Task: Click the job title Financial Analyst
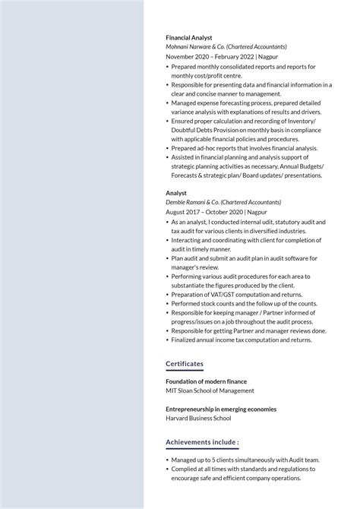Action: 189,37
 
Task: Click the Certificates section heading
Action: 185,363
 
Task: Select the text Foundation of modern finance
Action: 207,381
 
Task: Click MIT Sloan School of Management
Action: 210,390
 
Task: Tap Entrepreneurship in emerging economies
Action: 221,409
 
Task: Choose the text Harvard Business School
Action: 198,418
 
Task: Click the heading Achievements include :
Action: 202,441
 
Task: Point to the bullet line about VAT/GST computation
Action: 236,294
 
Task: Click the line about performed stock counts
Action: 244,303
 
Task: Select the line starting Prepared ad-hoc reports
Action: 244,148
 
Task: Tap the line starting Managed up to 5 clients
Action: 245,460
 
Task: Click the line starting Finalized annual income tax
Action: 242,340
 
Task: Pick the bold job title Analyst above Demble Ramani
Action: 176,193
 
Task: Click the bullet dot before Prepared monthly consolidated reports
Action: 167,67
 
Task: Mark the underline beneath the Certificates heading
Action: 185,371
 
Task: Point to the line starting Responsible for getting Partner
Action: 248,330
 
